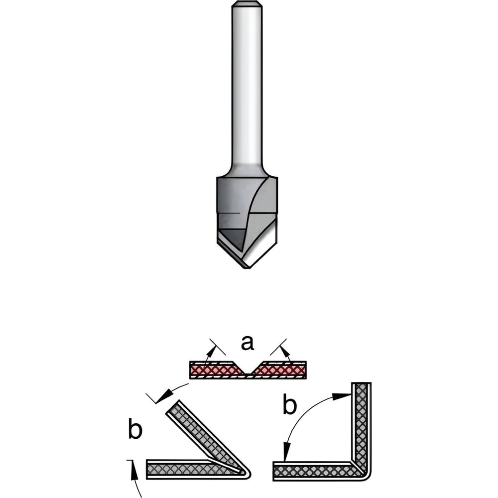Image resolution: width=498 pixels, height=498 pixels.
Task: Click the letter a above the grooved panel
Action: (x=248, y=343)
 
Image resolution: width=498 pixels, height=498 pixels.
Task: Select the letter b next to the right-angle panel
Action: (x=289, y=404)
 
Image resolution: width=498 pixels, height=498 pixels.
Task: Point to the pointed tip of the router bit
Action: (x=247, y=267)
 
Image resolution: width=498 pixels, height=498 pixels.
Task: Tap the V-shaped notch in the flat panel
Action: (x=248, y=368)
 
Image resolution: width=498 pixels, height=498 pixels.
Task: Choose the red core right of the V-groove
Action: (x=279, y=370)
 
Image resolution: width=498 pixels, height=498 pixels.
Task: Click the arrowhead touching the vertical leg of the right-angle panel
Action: (x=342, y=396)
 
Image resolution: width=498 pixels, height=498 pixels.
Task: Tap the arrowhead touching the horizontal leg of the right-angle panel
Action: (x=287, y=451)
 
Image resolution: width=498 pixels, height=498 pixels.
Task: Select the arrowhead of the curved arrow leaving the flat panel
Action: (x=165, y=396)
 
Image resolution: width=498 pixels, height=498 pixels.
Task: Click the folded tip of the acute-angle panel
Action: (x=246, y=473)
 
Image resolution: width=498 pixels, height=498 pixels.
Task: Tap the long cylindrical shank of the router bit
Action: (x=247, y=89)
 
